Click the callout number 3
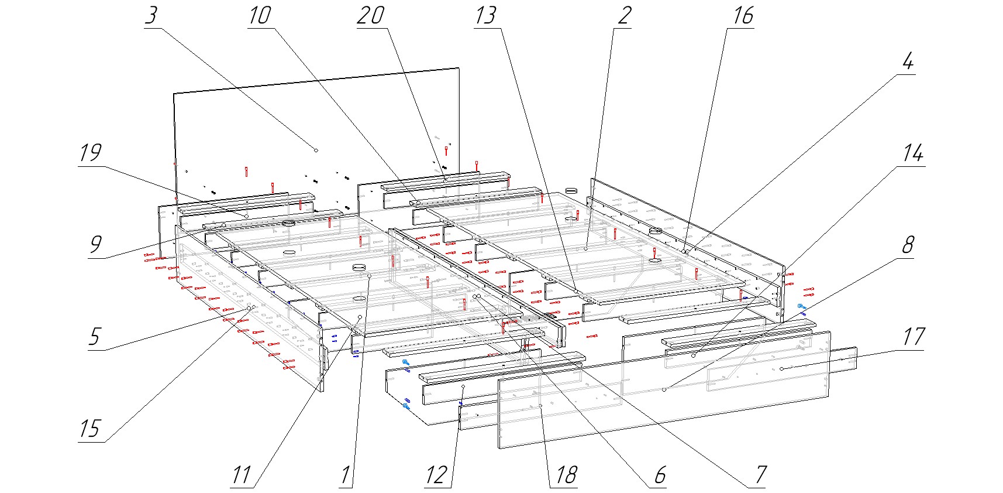(151, 16)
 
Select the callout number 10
(260, 16)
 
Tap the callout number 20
(371, 16)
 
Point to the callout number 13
(485, 16)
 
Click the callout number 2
(624, 16)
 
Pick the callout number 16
(743, 16)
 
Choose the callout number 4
(908, 61)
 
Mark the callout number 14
(913, 153)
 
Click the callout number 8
(908, 245)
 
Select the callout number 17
(913, 337)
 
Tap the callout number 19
(91, 153)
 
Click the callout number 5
(94, 337)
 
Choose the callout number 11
(242, 475)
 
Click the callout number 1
(346, 475)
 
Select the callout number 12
(436, 475)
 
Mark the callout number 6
(660, 475)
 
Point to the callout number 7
(760, 475)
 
